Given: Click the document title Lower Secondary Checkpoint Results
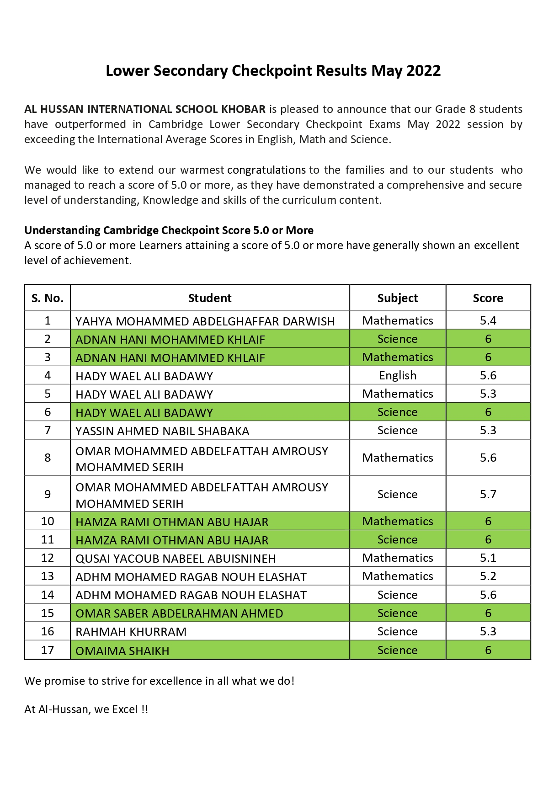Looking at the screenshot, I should point(273,71).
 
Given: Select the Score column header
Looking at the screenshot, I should point(488,298).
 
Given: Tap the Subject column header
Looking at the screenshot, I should point(397,298).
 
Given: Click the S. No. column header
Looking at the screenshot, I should point(48,298).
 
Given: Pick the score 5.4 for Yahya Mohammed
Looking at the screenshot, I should point(488,320).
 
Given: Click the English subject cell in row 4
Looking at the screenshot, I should point(397,375).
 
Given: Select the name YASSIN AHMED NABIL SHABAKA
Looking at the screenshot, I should point(162,431).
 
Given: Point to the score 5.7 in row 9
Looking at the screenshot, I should point(488,494).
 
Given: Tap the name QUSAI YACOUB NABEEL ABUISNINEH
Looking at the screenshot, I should point(176,559).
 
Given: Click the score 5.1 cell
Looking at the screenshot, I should point(488,558).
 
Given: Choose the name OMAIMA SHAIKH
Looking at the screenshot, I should point(122,651).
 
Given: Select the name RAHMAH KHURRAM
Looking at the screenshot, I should point(131,632).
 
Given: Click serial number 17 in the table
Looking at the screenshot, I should point(48,650).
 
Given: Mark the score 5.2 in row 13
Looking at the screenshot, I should point(488,576).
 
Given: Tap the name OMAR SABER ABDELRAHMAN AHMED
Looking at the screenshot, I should point(179,613).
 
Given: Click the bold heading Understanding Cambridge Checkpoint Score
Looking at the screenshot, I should point(169,230).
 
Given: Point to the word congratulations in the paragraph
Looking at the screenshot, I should point(266,170).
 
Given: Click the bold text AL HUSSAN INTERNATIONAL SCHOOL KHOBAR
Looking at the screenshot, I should point(145,109).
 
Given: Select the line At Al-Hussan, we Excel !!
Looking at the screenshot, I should point(86,709).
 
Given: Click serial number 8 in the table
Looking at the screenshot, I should point(48,458).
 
